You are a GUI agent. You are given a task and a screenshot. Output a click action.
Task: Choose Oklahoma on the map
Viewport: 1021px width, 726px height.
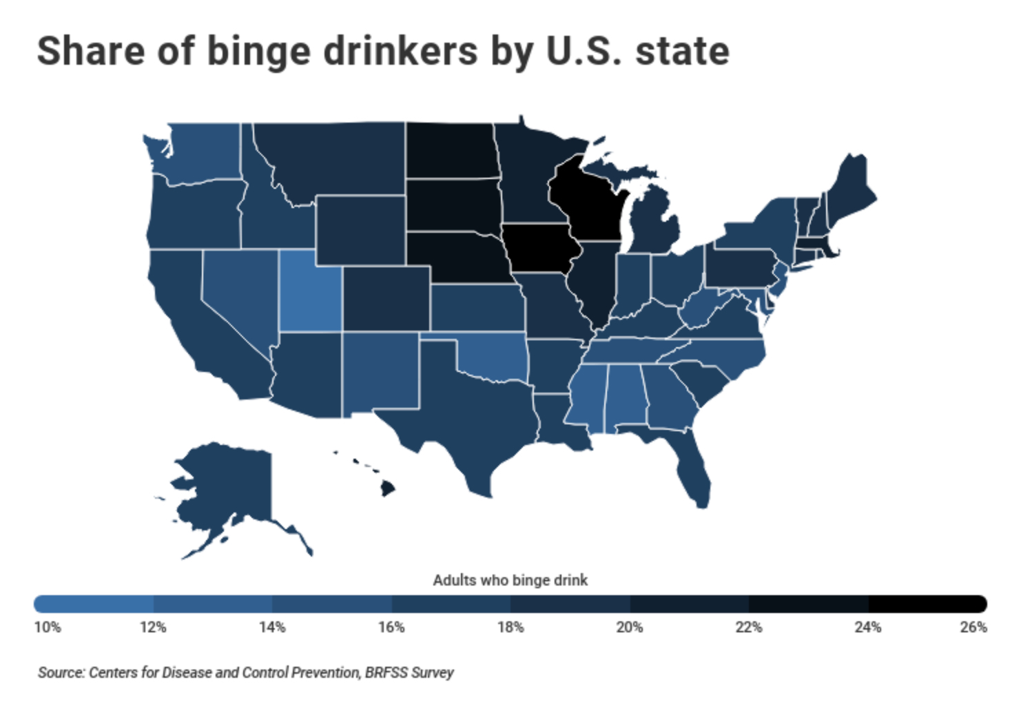tap(493, 355)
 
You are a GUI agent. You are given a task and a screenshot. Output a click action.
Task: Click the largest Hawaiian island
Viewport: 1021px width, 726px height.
tap(388, 488)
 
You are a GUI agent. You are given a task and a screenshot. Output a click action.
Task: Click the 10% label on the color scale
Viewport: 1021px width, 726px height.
tap(48, 628)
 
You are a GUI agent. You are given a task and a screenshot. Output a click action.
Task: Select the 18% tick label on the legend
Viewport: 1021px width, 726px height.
tap(510, 628)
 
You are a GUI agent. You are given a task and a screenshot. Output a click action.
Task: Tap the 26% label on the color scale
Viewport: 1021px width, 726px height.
tap(973, 628)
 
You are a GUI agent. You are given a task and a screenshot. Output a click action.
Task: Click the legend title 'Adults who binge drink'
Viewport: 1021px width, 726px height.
tap(510, 580)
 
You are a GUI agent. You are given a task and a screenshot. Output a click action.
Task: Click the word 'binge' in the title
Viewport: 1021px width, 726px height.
tap(259, 52)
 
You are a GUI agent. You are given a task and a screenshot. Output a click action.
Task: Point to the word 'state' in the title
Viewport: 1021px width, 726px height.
tap(682, 52)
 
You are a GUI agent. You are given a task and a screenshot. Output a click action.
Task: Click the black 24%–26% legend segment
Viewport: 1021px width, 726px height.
tap(927, 604)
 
